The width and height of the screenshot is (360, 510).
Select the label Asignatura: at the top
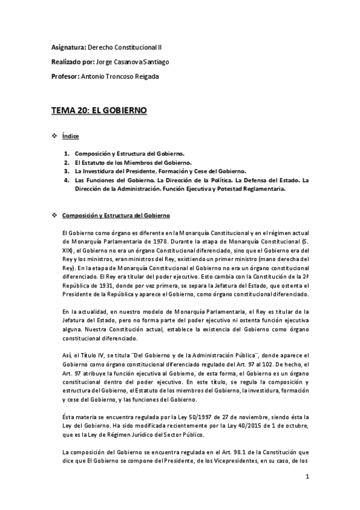tap(69, 46)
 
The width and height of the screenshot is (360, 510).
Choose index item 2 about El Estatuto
tap(129, 162)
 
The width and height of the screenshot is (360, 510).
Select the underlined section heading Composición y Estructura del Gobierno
tap(117, 215)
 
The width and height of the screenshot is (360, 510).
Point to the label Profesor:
tap(64, 76)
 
